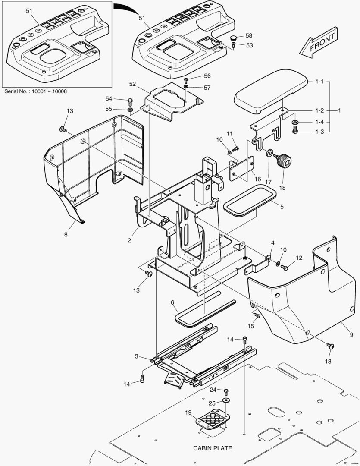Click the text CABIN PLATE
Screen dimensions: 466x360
coord(213,448)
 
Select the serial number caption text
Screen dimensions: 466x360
coord(35,91)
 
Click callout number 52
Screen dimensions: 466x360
coord(133,84)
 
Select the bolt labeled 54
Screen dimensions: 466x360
coord(130,101)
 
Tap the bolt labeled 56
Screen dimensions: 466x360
coord(186,80)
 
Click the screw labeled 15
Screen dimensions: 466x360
coord(256,316)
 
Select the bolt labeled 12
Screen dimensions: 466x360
coord(284,268)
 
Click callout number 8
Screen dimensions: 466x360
coord(66,235)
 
